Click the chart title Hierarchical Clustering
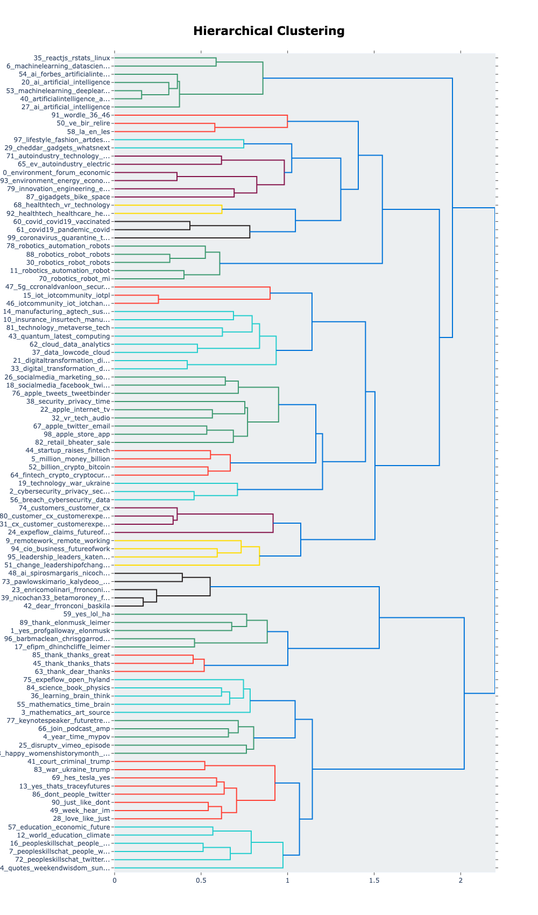click(268, 31)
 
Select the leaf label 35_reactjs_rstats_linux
click(72, 58)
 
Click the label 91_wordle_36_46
click(81, 115)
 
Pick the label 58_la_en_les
click(88, 131)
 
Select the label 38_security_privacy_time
click(68, 402)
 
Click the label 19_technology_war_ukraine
click(64, 483)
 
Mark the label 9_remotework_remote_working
click(58, 541)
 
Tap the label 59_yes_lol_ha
click(87, 614)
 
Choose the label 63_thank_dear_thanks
click(72, 672)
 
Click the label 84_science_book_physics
click(68, 688)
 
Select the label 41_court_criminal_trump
click(68, 762)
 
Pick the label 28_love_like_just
click(81, 819)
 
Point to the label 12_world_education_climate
click(63, 835)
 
